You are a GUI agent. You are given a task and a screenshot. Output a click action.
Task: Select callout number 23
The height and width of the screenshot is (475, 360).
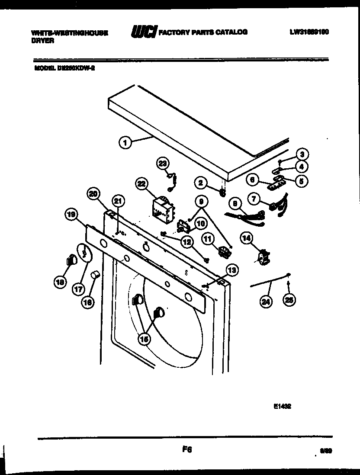(x=162, y=163)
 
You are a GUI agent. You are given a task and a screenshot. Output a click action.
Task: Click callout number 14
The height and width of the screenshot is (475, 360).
(x=247, y=237)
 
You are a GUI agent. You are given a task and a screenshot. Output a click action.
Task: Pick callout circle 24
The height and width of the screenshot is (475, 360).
(x=264, y=302)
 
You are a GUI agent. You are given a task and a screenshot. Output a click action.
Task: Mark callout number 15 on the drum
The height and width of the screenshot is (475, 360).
(x=145, y=340)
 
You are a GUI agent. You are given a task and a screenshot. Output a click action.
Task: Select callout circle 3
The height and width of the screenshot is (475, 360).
(x=302, y=154)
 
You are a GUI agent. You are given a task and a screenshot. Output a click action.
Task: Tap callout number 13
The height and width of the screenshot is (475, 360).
(x=232, y=271)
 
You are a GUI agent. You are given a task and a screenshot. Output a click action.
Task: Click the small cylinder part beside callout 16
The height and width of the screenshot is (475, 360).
(x=96, y=274)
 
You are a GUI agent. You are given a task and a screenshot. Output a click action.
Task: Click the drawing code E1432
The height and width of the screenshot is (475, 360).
(x=282, y=406)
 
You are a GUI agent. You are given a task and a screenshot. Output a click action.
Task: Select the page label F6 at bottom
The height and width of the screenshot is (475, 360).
(x=187, y=450)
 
